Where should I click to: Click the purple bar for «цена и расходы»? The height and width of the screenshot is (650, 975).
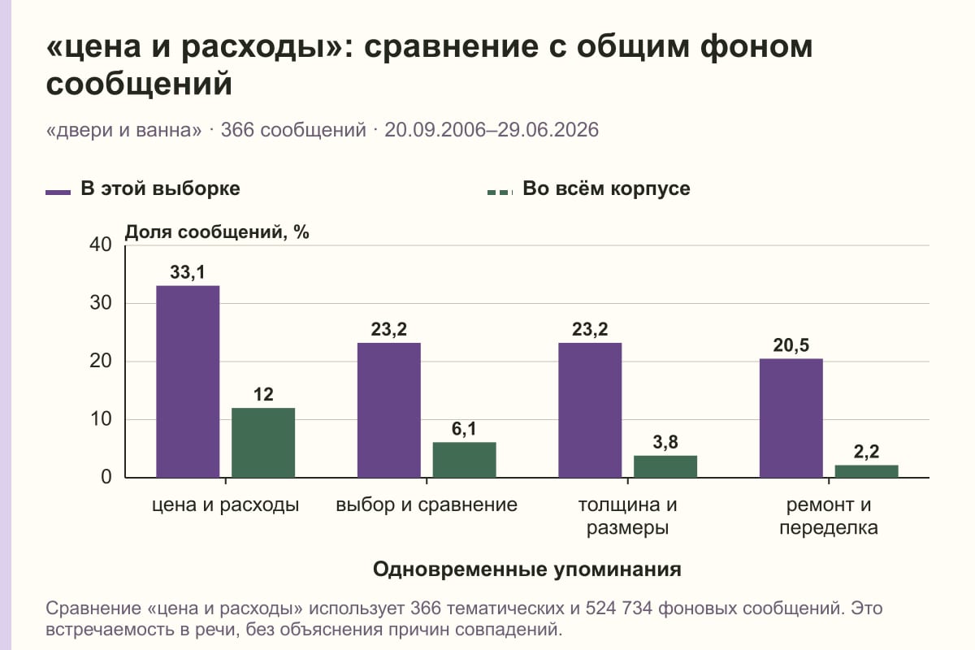[x=188, y=381]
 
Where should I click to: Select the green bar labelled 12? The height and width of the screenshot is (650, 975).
[x=263, y=443]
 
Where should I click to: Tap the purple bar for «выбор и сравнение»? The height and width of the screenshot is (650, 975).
[x=388, y=410]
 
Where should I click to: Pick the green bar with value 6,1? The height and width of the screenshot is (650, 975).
[x=464, y=460]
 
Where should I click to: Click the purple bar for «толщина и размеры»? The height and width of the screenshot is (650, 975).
[x=590, y=410]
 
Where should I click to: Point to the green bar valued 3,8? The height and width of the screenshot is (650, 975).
[x=665, y=466]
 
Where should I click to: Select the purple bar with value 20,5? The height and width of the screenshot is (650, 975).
[x=791, y=418]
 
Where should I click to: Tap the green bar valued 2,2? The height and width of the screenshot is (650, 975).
[x=866, y=471]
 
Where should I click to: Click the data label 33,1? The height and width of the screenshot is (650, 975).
[x=187, y=272]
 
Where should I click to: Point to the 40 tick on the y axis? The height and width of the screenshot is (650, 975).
[x=101, y=245]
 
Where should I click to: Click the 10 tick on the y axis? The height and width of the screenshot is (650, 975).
[x=101, y=419]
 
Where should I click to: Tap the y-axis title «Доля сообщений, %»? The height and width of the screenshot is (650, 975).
[x=217, y=232]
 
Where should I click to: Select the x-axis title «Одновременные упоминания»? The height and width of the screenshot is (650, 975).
[x=527, y=569]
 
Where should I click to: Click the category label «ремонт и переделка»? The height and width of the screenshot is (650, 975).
[x=828, y=516]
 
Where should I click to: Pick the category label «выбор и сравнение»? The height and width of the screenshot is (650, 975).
[x=427, y=505]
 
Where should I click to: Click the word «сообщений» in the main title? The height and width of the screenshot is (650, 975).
[x=139, y=84]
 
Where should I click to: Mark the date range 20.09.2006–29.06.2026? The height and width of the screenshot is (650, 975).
[x=492, y=130]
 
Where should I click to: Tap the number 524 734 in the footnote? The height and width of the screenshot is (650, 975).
[x=618, y=609]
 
